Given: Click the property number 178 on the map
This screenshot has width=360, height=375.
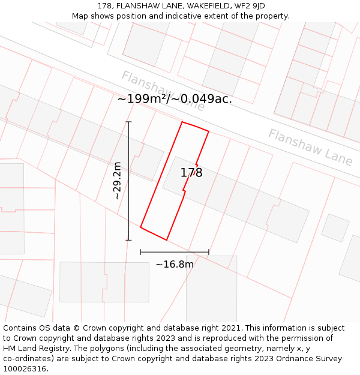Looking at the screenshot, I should point(191,173).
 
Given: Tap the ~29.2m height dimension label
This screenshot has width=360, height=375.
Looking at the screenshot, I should point(118,181).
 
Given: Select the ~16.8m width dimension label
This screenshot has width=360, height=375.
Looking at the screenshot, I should point(175,264).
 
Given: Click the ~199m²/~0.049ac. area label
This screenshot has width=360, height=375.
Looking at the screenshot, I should point(175,99).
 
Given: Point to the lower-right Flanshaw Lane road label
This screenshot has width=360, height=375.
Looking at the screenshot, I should point(310,147).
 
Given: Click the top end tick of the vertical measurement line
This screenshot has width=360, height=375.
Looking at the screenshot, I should point(128,122).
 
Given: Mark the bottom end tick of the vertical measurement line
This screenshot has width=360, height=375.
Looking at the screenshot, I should point(128,240).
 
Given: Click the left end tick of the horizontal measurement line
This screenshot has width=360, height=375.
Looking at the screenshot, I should point(140,252).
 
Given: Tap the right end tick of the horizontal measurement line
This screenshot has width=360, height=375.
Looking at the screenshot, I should point(209,252).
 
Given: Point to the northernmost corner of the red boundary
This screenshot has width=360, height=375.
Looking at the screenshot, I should point(182,122).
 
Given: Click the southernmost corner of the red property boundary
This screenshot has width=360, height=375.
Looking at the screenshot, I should point(166,240).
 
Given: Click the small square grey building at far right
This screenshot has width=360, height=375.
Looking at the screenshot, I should point(335,227).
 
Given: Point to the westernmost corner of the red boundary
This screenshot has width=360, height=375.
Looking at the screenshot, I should point(140,227).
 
